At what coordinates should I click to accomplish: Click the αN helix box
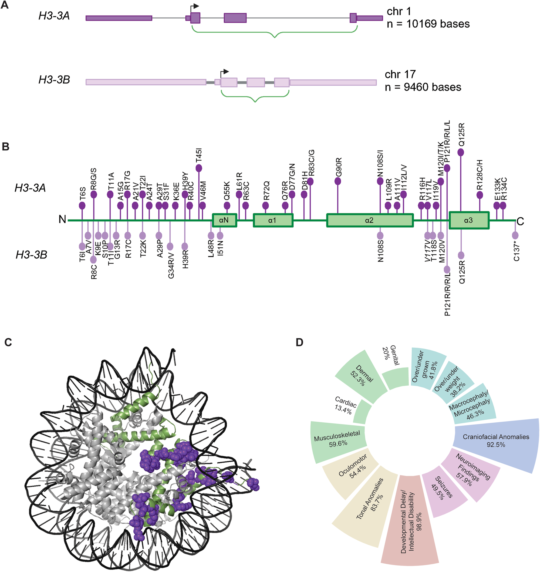224,220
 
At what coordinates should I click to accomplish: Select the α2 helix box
370,220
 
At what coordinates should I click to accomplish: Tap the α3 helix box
469,220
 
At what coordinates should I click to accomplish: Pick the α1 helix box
273,220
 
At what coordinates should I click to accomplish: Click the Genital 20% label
390,356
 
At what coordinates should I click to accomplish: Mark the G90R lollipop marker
338,181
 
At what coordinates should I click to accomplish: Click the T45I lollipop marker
199,168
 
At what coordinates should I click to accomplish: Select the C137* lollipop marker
515,235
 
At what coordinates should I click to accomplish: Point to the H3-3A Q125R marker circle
461,152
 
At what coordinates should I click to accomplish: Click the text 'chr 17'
400,75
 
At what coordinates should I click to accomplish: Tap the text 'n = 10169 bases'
428,24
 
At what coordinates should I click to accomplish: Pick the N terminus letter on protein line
62,219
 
